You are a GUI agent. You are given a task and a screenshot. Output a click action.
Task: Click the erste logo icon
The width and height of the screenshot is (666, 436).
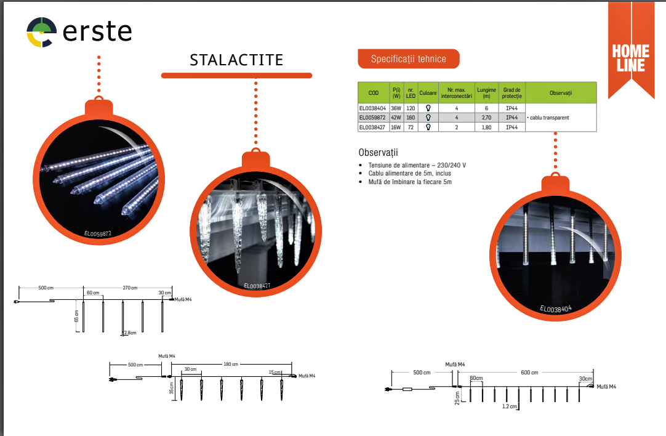[x=42, y=32]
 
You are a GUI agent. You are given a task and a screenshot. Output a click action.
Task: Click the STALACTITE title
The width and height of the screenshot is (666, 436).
[x=236, y=60]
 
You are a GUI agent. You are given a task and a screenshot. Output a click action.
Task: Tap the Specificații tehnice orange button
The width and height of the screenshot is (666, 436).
[x=409, y=59]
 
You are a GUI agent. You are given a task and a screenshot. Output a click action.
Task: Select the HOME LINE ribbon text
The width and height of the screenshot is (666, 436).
[x=631, y=59]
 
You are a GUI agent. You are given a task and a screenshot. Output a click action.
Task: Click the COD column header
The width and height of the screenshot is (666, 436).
[x=374, y=92]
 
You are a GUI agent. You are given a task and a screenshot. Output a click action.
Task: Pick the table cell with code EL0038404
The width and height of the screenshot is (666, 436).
[x=372, y=108]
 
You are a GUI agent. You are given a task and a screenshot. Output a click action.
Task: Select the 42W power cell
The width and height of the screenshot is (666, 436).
[x=396, y=118]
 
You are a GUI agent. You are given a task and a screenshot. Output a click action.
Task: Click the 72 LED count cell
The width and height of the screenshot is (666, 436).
[x=411, y=127]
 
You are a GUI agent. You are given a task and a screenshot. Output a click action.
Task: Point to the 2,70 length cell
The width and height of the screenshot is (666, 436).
[x=486, y=118]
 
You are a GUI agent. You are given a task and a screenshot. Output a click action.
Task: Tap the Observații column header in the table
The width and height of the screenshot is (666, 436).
[x=561, y=92]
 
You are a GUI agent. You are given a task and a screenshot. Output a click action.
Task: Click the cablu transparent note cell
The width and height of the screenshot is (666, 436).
[x=548, y=118]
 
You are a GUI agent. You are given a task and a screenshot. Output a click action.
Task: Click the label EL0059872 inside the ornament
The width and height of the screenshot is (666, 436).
[x=98, y=234]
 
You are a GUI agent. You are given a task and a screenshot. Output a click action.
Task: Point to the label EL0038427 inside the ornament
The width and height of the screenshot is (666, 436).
[x=257, y=286]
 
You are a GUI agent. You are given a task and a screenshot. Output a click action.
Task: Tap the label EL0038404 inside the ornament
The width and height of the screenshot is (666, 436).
[x=556, y=309]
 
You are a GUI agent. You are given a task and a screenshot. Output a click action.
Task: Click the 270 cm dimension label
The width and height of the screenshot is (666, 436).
[x=130, y=288]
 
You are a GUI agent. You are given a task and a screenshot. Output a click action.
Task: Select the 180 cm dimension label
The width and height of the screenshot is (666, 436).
[x=231, y=364]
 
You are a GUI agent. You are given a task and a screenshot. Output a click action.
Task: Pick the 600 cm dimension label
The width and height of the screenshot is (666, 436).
[x=529, y=373]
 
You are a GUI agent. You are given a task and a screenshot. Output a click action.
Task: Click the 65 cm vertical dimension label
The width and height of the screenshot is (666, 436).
[x=76, y=316]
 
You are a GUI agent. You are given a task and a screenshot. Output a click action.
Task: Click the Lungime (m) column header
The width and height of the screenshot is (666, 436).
[x=486, y=92]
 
